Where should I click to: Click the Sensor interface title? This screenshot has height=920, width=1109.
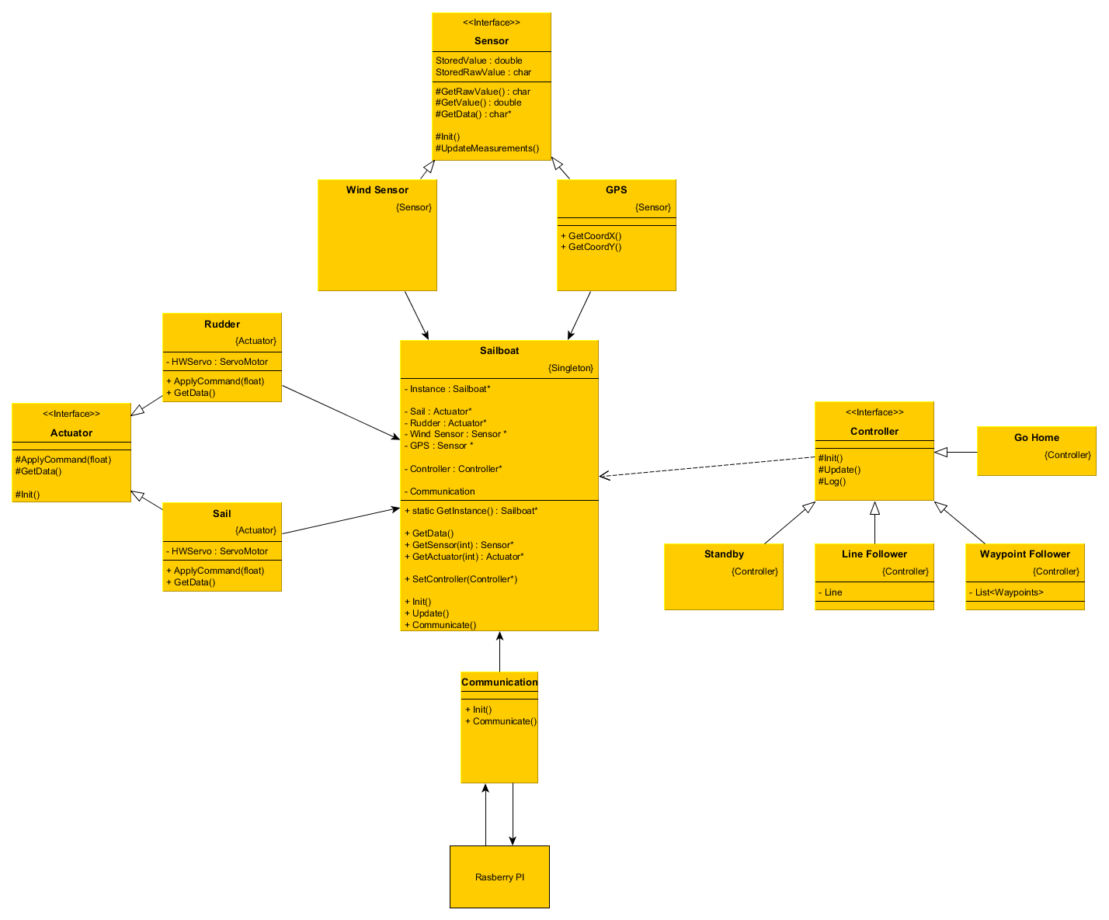coord(492,41)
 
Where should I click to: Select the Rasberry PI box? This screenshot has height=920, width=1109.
coord(499,877)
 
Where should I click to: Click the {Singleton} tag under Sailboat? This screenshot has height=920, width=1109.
coord(570,368)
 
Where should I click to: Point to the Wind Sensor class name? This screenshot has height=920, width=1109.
coord(377,190)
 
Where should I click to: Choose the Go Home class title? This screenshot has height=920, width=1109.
coord(1036,438)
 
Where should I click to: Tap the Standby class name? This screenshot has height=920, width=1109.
coord(724,554)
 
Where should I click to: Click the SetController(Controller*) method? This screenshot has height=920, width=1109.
coord(464,579)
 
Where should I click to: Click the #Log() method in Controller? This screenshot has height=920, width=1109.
coord(832,481)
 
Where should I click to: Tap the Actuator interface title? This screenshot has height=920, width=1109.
coord(71,433)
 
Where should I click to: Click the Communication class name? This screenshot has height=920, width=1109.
coord(499,682)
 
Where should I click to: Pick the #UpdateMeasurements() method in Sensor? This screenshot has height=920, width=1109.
coord(487,148)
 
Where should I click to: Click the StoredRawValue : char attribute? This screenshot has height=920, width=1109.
coord(483,72)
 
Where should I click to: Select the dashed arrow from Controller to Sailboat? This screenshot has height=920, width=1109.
coord(707,467)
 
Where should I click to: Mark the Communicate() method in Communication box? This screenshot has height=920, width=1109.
coord(503,721)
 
